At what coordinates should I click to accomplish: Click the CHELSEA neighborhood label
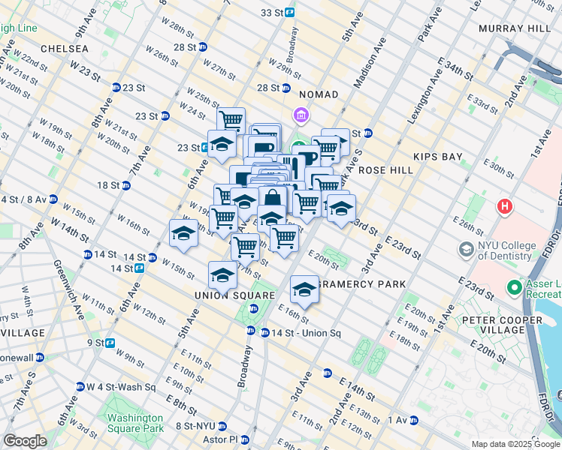tap(65, 49)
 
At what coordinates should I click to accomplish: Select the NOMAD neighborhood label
tap(319, 94)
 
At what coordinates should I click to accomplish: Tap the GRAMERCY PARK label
tap(362, 284)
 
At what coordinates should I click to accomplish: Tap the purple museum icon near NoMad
tap(301, 115)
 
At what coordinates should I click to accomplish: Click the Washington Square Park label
tap(134, 423)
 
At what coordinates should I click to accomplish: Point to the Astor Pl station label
tap(222, 439)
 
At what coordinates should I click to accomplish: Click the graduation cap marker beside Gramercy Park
tap(304, 289)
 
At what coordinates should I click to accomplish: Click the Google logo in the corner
tap(26, 441)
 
